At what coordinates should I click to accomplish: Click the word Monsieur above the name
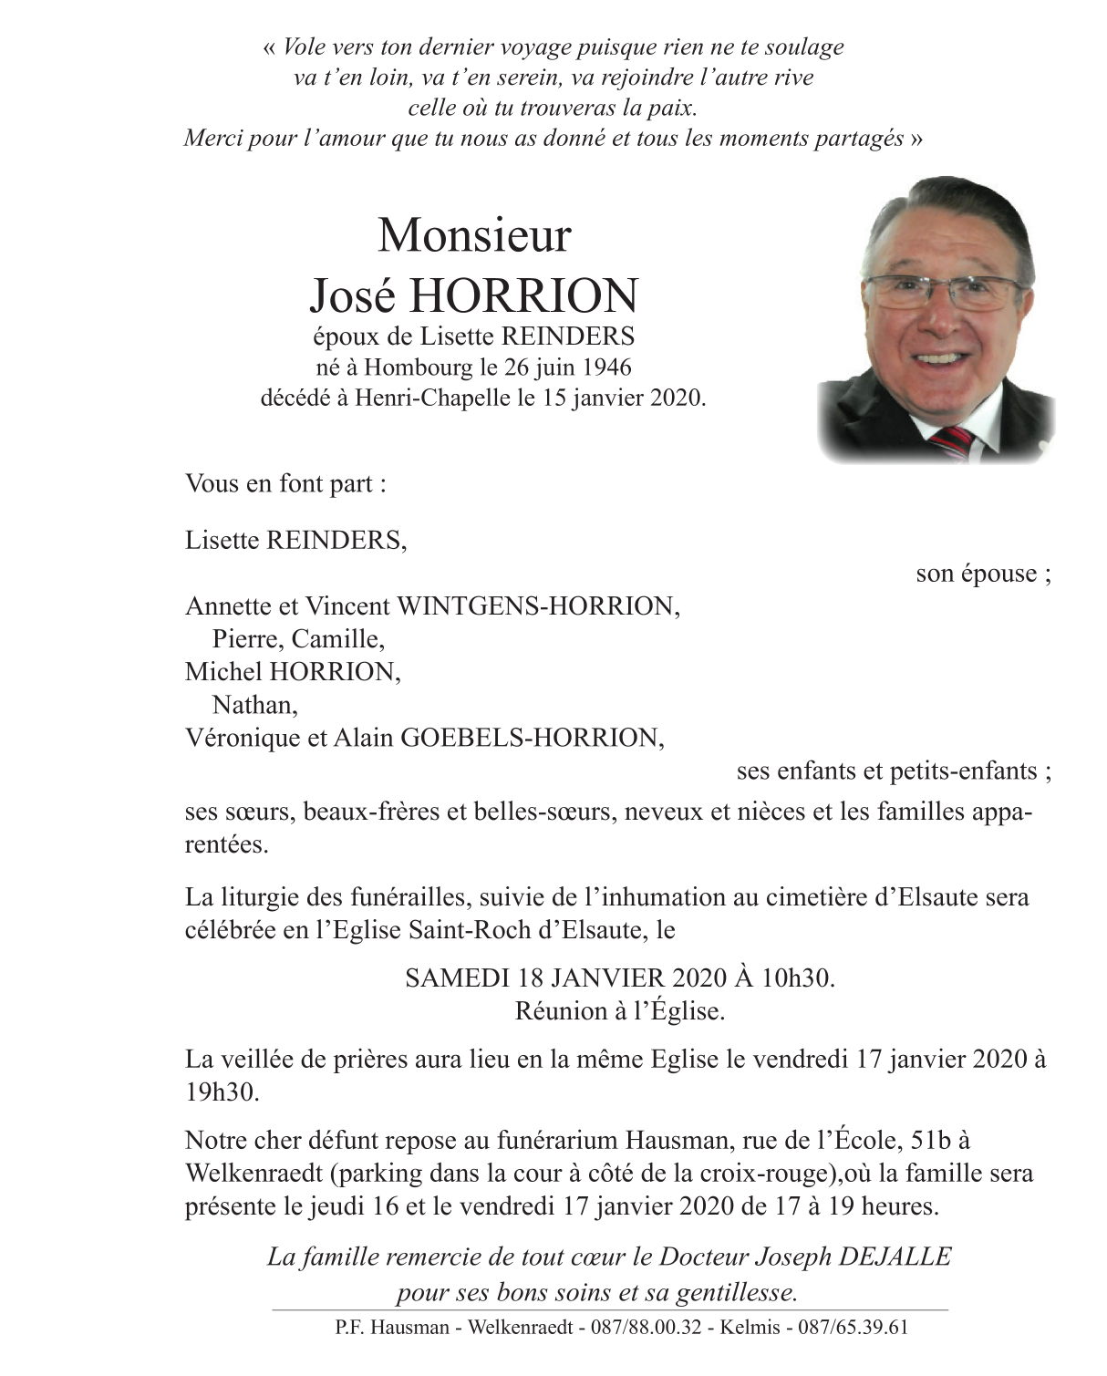click(474, 235)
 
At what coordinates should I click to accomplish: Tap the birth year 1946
click(605, 367)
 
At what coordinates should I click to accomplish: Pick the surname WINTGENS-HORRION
click(535, 606)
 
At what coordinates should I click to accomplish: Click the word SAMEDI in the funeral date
click(457, 978)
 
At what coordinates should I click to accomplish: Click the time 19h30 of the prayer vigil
click(222, 1091)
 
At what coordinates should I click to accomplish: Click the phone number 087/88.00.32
click(646, 1328)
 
